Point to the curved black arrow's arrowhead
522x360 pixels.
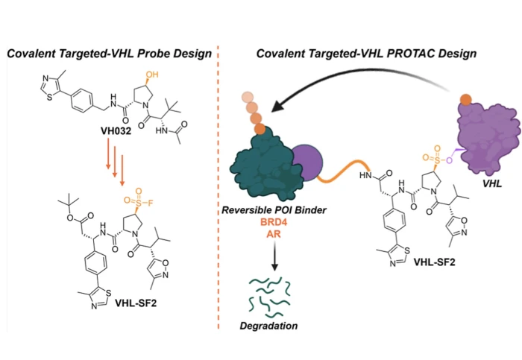[277, 110]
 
